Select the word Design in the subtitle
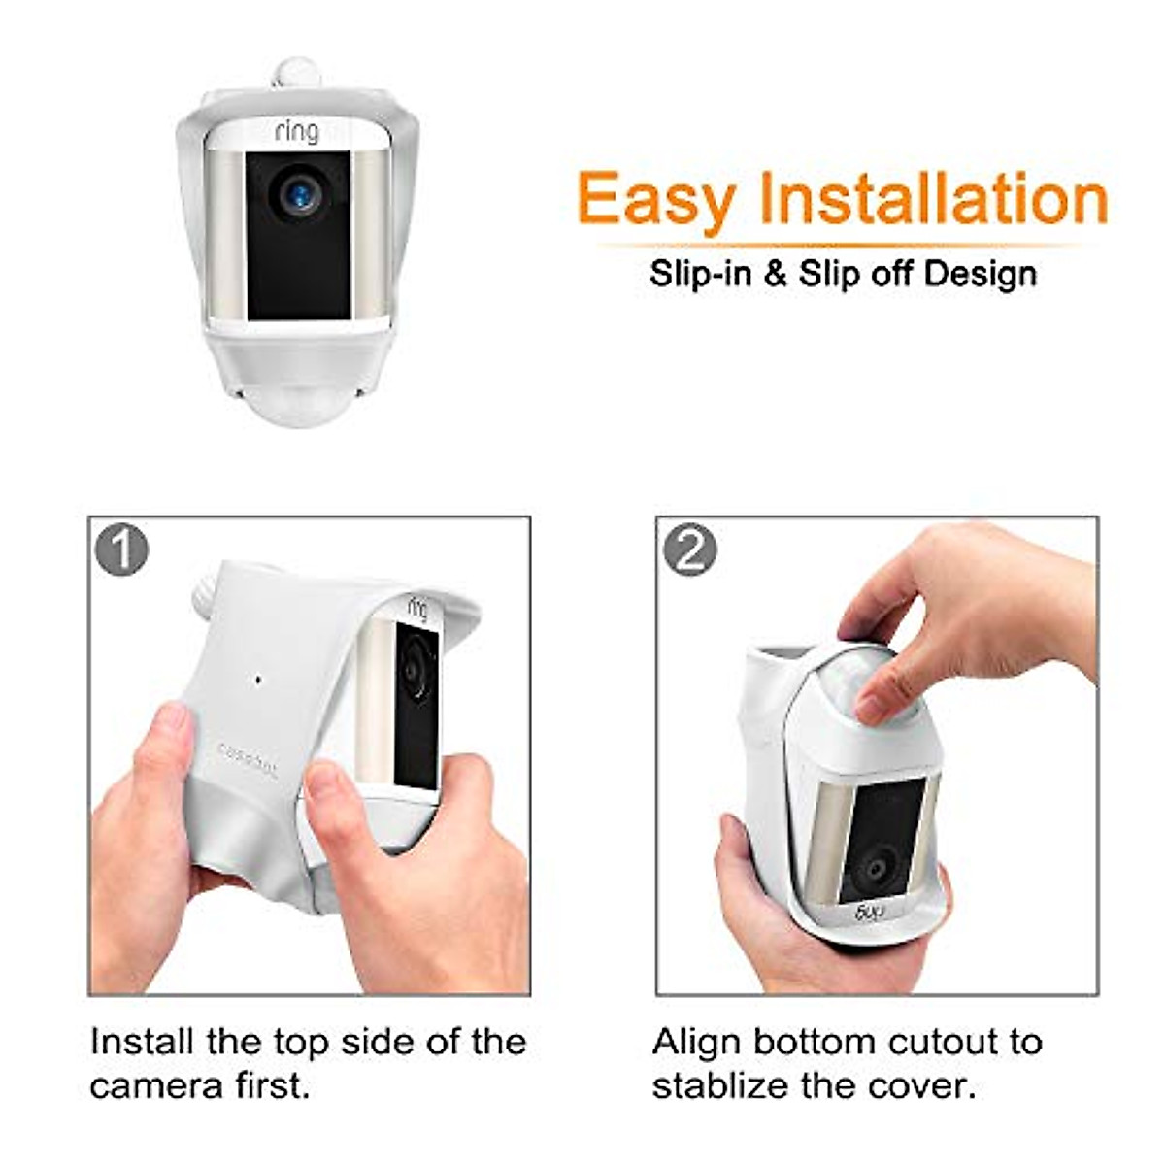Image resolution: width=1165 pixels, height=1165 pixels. click(980, 274)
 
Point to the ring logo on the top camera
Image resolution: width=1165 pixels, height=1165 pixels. click(296, 131)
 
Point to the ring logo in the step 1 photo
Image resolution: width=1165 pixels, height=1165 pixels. click(417, 608)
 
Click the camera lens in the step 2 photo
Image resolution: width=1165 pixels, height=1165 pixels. click(879, 867)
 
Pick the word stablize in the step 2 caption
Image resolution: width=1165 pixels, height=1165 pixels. click(726, 1085)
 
